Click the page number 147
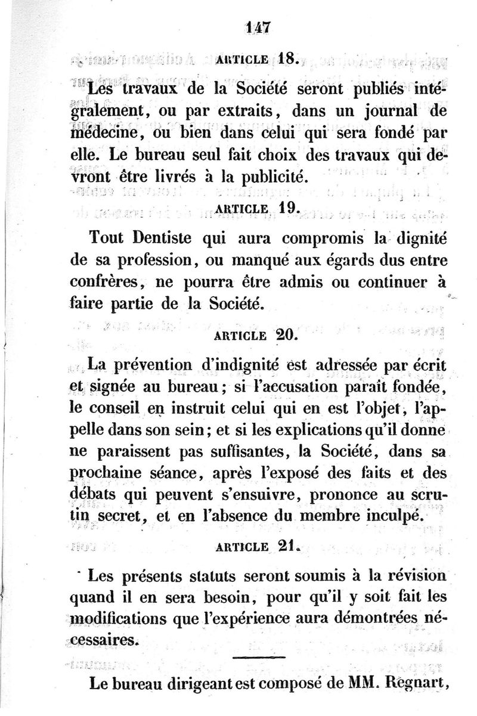coord(258,27)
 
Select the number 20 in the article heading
coord(284,334)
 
